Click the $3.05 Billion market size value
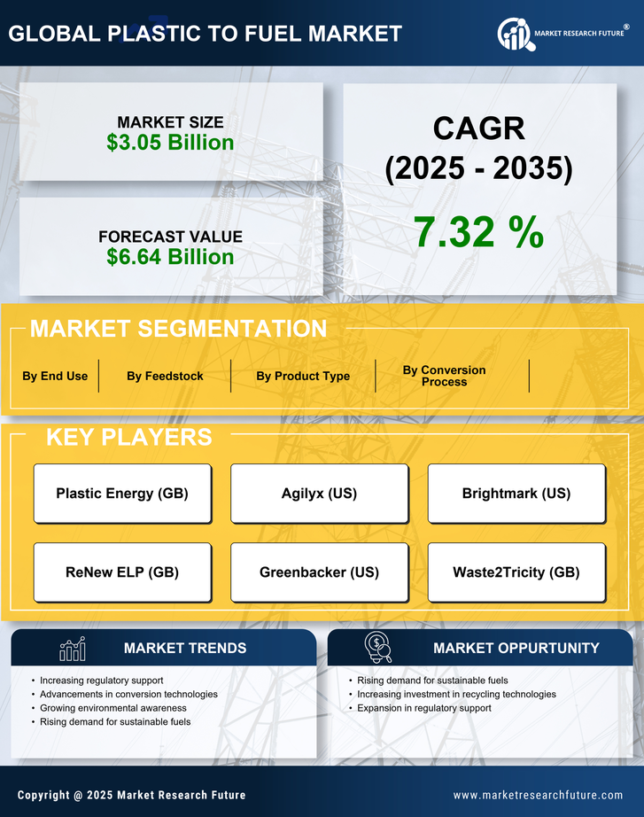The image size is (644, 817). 170,143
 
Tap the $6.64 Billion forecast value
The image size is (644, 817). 170,257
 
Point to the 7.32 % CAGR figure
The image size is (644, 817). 478,232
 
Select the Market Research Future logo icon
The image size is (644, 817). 515,34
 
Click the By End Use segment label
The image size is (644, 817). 55,376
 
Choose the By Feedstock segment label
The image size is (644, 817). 165,376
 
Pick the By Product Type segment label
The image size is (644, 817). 303,376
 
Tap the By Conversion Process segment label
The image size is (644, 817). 444,376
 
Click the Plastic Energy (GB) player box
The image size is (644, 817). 122,494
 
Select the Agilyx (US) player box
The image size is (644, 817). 319,494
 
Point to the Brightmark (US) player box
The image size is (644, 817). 516,494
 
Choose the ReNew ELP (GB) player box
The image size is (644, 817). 122,572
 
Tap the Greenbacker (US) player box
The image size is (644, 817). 319,572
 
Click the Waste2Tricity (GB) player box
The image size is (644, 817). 516,572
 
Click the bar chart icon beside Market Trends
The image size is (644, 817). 72,649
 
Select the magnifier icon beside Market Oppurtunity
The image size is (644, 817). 377,648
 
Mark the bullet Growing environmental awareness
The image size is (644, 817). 113,708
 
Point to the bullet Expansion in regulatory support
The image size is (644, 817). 423,708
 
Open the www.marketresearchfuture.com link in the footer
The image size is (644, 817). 538,795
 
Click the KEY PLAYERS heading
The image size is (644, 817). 128,437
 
